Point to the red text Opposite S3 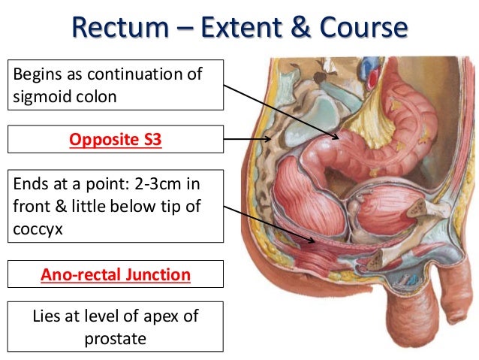pos(116,139)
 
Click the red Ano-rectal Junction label pos(116,275)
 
